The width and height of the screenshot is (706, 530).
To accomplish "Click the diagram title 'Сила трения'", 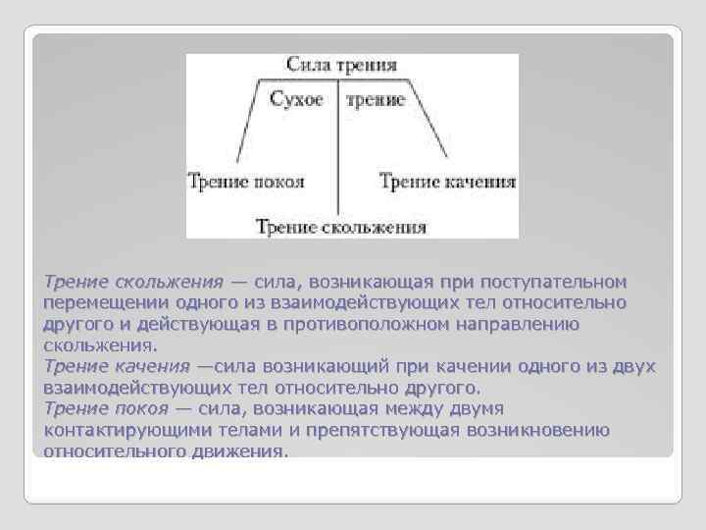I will pyautogui.click(x=341, y=66).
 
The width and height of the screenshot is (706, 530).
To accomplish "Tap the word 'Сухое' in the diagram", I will pyautogui.click(x=296, y=100).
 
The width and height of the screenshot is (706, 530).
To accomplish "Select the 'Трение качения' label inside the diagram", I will pyautogui.click(x=447, y=182).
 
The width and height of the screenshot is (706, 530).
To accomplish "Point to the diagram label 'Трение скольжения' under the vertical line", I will pyautogui.click(x=341, y=228).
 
